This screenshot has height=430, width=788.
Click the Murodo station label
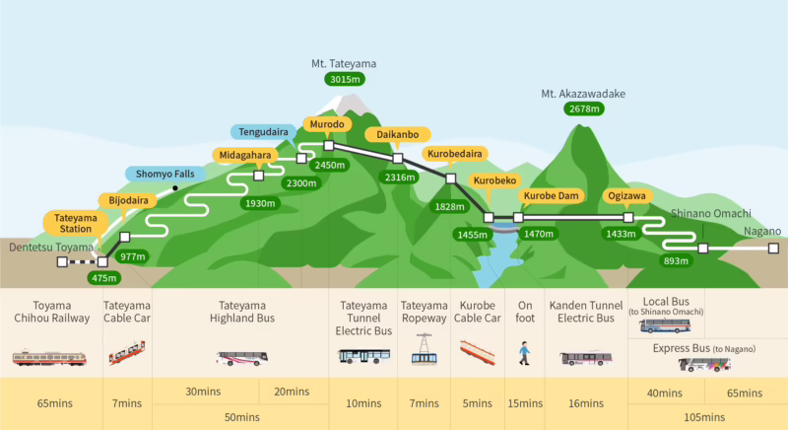[x=327, y=125]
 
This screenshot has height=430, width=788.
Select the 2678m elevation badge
[x=583, y=109]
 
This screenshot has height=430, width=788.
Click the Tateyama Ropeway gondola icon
[x=425, y=350]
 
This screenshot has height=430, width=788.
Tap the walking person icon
[x=525, y=352]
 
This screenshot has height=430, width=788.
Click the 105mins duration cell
[x=707, y=417]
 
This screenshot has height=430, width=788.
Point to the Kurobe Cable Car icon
[x=477, y=352]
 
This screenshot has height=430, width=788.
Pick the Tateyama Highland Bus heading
[x=242, y=312]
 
